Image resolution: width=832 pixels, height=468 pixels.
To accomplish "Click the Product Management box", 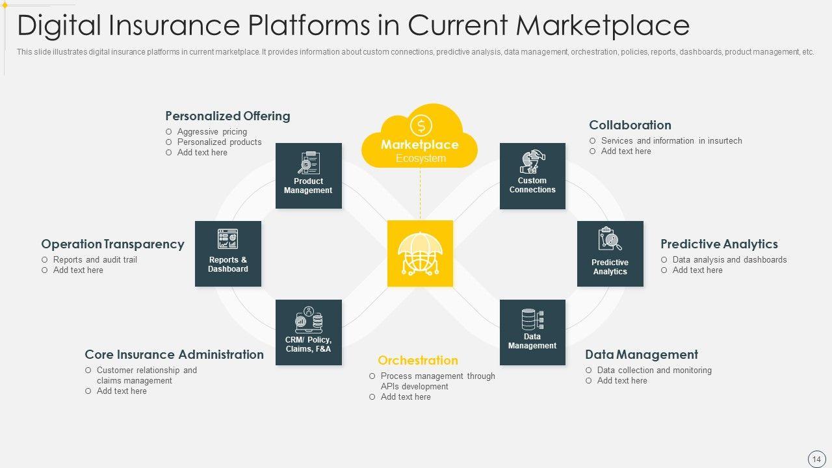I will coord(308,175).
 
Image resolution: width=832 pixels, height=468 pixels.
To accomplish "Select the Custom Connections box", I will coord(532,175).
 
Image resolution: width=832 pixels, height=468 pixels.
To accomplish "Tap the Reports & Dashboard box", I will coord(228,253).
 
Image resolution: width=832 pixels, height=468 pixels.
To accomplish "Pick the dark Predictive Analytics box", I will coord(610,253).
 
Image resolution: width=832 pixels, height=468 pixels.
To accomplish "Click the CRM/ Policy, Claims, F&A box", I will coord(308,332).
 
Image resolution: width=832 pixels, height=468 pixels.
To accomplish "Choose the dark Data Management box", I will coord(532,332).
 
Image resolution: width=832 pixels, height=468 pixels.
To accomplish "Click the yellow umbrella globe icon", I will coord(420,253).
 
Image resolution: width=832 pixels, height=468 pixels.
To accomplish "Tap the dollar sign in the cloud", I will coord(421,125).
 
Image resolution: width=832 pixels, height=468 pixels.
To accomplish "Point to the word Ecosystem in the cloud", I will coord(421,159).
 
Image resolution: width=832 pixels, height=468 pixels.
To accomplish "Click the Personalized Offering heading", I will coord(227,116).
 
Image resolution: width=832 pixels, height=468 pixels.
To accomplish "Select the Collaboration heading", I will coord(630,125).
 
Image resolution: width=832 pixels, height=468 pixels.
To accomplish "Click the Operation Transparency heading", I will coord(112,244).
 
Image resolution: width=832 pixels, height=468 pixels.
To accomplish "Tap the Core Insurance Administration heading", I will coord(174,355).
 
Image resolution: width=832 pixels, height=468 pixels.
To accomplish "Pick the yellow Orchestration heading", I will coord(418,361).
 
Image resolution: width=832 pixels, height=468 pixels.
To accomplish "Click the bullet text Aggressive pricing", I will coord(212,132).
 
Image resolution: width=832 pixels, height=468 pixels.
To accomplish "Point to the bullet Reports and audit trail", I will coord(95,260).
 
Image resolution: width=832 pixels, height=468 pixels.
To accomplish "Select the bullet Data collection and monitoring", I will coord(654,370).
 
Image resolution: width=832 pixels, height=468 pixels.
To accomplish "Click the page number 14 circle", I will coord(816,459).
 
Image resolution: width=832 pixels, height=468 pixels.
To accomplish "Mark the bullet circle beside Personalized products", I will coord(169,142).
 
